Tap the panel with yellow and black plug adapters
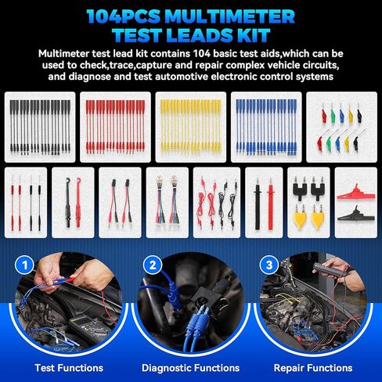pos(306,202)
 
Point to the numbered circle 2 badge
pos(149,265)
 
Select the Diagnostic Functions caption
pos(190,367)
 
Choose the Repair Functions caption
pos(312,367)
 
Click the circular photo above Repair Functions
pos(313,308)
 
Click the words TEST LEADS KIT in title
pos(191,34)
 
